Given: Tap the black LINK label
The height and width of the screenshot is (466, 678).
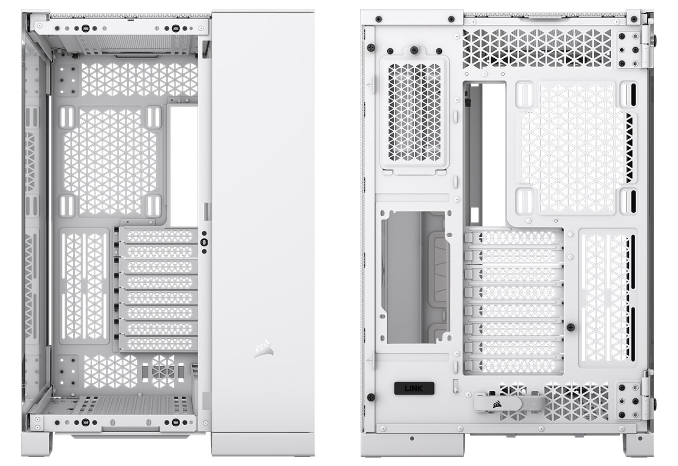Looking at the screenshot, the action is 414,388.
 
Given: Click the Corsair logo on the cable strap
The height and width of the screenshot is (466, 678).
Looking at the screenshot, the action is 497,404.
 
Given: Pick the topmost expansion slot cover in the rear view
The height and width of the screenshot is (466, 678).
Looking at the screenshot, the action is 514,238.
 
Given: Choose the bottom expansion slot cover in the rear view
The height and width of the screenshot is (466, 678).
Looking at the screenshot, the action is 514,366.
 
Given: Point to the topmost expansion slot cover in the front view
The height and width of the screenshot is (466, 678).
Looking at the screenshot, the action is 158,236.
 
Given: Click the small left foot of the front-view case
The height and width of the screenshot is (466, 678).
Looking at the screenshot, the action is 37,444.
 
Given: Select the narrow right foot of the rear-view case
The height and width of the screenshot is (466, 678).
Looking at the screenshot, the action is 638,445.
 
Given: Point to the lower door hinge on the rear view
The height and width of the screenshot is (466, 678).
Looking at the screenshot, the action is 648,395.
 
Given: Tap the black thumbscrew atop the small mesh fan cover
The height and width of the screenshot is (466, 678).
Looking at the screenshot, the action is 414,50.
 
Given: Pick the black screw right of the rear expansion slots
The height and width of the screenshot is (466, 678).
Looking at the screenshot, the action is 571,327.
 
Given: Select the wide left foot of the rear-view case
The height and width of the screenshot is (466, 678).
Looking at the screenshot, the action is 412,445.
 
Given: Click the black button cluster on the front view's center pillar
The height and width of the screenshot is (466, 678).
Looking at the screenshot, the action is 204,242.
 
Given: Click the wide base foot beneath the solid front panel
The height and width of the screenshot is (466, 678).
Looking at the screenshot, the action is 263,445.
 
